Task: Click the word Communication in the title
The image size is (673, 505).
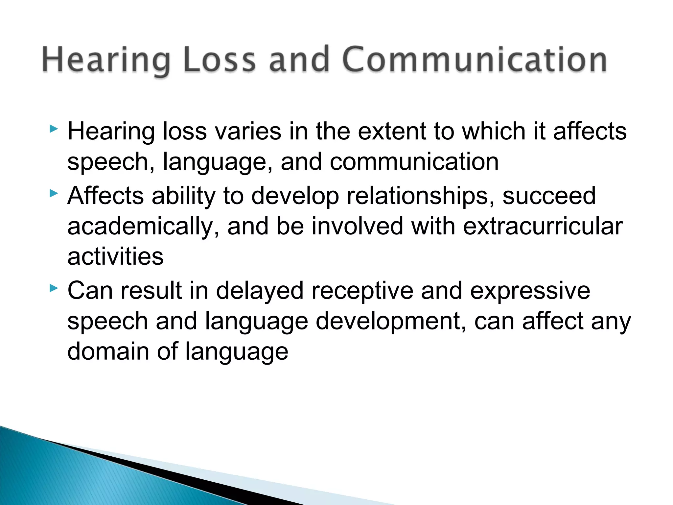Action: [x=475, y=60]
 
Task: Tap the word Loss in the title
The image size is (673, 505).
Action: [x=220, y=60]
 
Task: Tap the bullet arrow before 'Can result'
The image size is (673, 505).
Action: [x=54, y=289]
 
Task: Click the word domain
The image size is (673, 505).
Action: [x=108, y=351]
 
